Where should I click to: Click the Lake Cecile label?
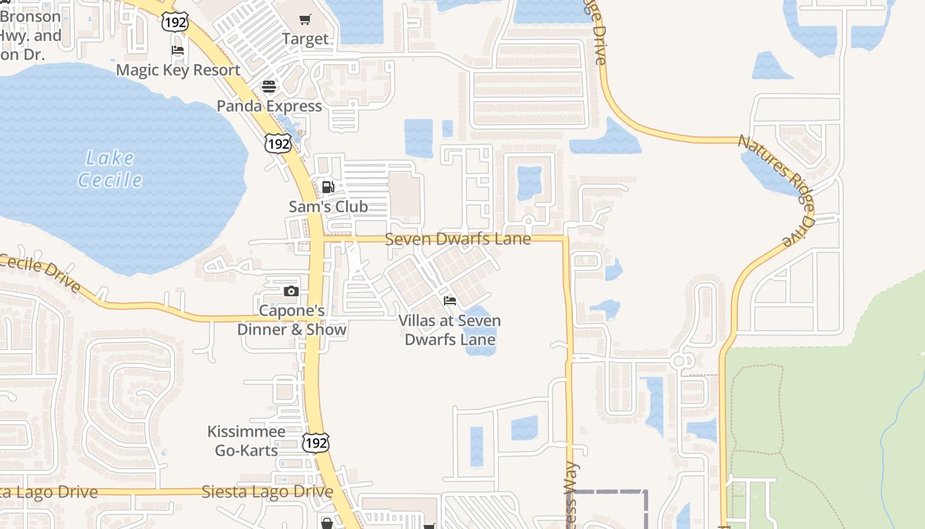(110, 169)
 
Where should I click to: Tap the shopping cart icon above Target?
(305, 19)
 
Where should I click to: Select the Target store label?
(305, 39)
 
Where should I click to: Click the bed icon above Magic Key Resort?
(178, 50)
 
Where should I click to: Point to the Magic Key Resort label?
(178, 70)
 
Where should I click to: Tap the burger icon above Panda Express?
(268, 86)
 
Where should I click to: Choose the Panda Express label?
(269, 106)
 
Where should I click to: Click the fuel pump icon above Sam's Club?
(328, 186)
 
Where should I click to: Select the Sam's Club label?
(328, 206)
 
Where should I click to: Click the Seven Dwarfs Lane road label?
(457, 239)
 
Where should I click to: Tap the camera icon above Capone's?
(291, 291)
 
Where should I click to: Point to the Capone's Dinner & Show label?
(291, 320)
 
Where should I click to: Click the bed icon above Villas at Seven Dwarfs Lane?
(450, 301)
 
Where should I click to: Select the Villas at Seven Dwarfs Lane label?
(450, 330)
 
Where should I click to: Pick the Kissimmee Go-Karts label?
(246, 441)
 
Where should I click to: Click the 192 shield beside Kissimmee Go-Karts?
(316, 442)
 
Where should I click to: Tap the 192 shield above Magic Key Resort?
(174, 22)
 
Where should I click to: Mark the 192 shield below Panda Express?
(277, 143)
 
